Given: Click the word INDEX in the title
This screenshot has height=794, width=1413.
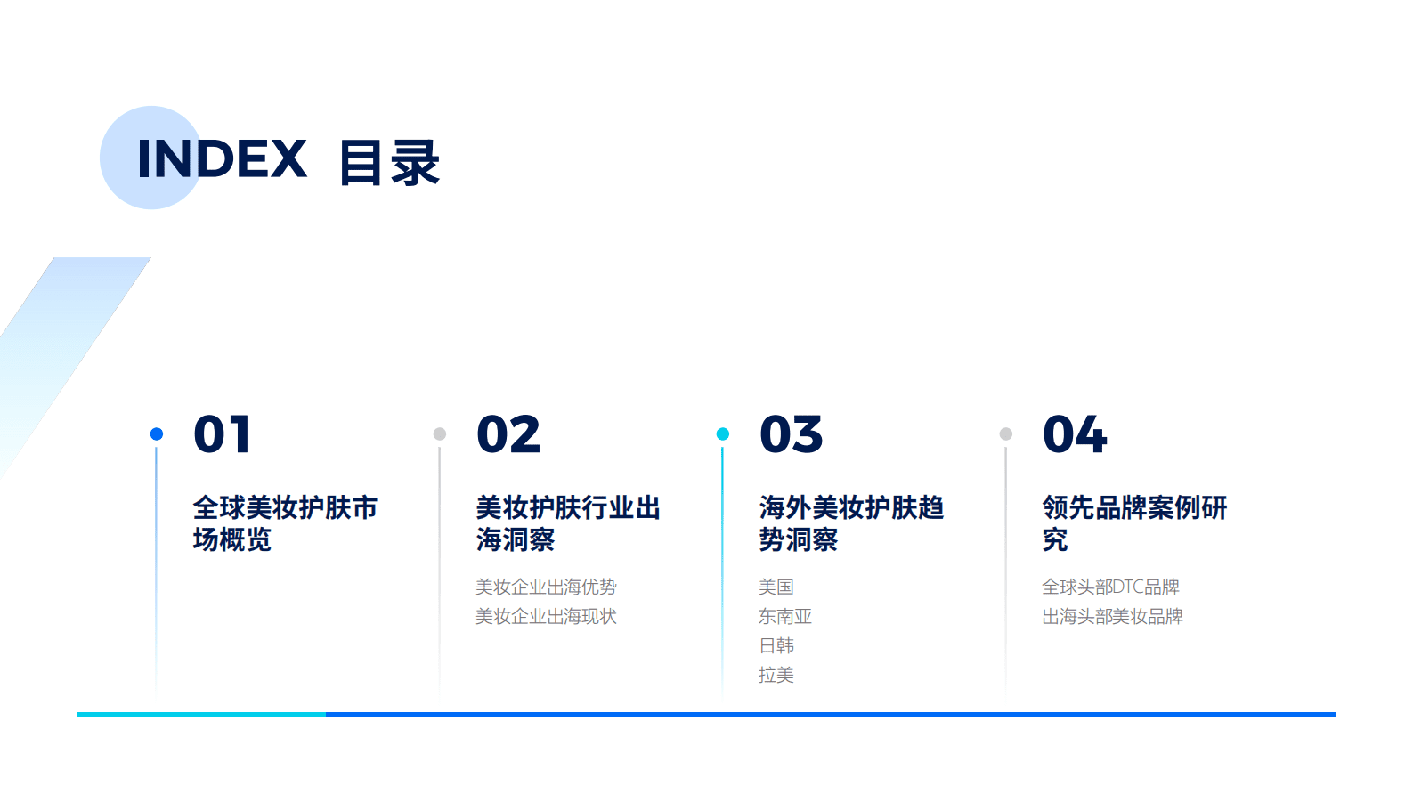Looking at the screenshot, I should coord(222,159).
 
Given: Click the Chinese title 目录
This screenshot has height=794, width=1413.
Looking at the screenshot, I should coord(389,163).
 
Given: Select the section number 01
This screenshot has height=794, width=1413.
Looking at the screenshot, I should coord(222,434).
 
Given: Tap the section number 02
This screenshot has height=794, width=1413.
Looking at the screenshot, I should coord(508,434).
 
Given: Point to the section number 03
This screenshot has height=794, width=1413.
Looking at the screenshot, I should coord(792,434).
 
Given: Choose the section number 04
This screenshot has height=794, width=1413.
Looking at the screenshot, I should coord(1075,434).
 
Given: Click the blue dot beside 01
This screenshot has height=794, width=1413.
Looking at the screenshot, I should coord(157,433).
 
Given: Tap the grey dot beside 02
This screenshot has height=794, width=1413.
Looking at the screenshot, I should coord(440,433).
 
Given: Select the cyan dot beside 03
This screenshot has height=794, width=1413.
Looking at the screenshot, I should coord(723,433).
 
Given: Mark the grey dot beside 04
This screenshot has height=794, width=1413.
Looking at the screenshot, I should coord(1006,433).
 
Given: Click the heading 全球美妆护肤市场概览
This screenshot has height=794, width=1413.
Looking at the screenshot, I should coord(285,523).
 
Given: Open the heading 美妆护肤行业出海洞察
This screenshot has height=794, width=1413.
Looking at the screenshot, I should coord(568,523).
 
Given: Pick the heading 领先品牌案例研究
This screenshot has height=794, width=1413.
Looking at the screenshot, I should coord(1134,523).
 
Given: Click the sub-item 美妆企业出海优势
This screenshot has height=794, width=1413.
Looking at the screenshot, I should coord(546,587).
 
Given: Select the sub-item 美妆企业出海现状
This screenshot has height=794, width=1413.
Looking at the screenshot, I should coord(546,616).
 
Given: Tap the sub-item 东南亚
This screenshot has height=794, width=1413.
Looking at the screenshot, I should coord(785,616).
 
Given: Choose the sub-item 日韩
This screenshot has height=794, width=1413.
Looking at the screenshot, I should coord(776,645).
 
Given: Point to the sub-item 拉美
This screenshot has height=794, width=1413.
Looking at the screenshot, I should coord(776,675).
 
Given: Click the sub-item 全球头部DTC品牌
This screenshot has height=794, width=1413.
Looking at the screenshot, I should coord(1110,587).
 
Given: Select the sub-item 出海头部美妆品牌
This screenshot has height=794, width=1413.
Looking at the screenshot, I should coord(1112,616).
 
